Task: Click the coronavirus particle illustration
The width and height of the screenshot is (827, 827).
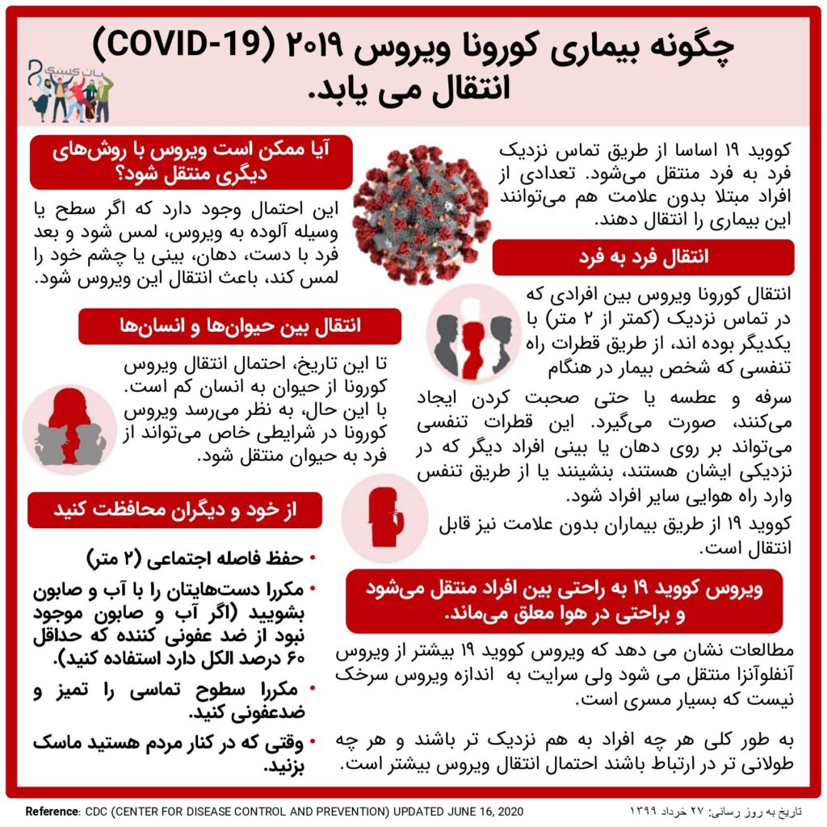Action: pyautogui.click(x=422, y=214)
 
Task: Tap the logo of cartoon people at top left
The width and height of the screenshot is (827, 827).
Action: pyautogui.click(x=69, y=89)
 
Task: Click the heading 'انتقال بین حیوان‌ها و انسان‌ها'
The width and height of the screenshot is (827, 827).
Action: pyautogui.click(x=240, y=326)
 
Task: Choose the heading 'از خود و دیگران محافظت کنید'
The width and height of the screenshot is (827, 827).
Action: pyautogui.click(x=176, y=510)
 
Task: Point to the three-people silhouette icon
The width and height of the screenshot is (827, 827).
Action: pyautogui.click(x=473, y=334)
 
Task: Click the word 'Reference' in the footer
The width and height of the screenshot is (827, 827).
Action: pyautogui.click(x=52, y=811)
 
